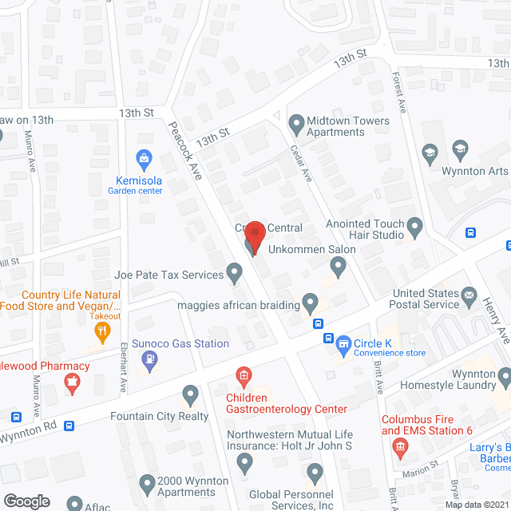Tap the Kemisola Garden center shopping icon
[x=145, y=157]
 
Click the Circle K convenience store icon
[x=343, y=344]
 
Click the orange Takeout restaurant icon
[x=101, y=335]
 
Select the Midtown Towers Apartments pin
[x=295, y=124]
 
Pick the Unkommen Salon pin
[x=339, y=269]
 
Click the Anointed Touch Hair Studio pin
[x=414, y=225]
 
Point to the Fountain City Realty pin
[x=190, y=394]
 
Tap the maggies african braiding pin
[x=311, y=303]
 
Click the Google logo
[x=26, y=501]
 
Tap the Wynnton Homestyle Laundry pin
[x=503, y=374]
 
